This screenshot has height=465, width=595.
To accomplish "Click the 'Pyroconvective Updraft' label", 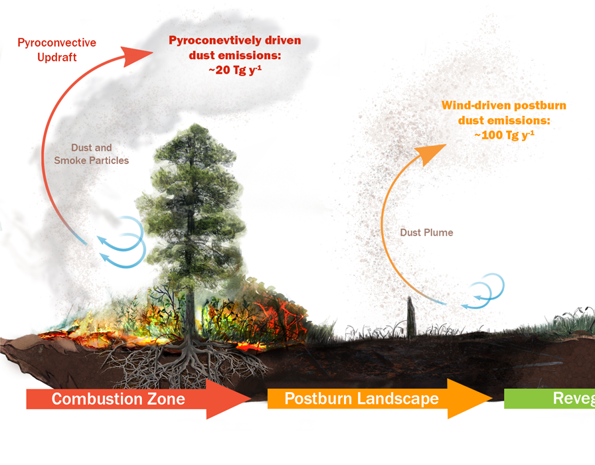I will tap(56, 50).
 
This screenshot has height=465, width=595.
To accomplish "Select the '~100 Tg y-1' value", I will tap(504, 135).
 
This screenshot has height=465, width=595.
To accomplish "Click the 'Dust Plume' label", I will tap(426, 233).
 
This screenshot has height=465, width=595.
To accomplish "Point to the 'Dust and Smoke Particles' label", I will tap(92, 154).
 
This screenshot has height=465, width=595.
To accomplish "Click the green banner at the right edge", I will tap(551, 398).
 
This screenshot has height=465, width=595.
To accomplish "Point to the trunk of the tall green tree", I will tap(191, 292).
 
